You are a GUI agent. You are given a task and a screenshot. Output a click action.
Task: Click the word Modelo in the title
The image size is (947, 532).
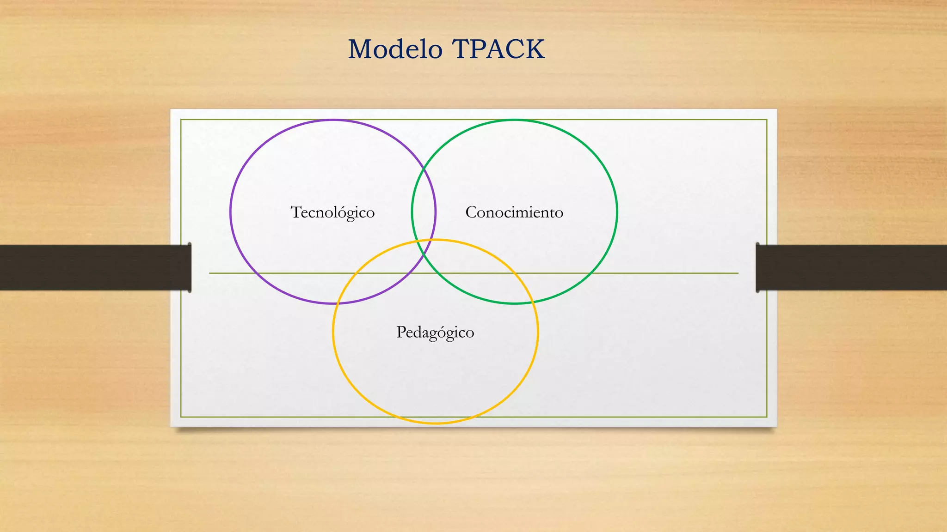395,49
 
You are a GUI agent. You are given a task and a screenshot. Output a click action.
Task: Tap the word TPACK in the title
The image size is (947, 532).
498,49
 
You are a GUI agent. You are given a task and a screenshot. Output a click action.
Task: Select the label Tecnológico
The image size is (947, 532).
332,212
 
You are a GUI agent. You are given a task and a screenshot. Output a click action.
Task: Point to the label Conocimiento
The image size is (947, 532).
514,212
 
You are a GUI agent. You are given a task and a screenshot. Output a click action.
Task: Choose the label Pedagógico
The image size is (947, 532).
435,332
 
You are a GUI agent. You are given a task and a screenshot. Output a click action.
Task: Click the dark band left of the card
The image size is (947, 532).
92,267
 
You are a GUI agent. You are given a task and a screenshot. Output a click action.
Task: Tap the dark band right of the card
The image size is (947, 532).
851,267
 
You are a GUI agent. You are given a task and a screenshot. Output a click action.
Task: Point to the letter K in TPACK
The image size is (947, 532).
535,49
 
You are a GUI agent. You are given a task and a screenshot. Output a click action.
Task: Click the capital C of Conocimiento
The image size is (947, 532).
471,212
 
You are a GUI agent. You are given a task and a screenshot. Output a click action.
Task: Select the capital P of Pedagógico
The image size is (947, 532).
400,332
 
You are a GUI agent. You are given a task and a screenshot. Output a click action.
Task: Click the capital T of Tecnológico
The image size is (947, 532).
295,212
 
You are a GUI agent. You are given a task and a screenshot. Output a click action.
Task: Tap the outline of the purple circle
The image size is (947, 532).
230,212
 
